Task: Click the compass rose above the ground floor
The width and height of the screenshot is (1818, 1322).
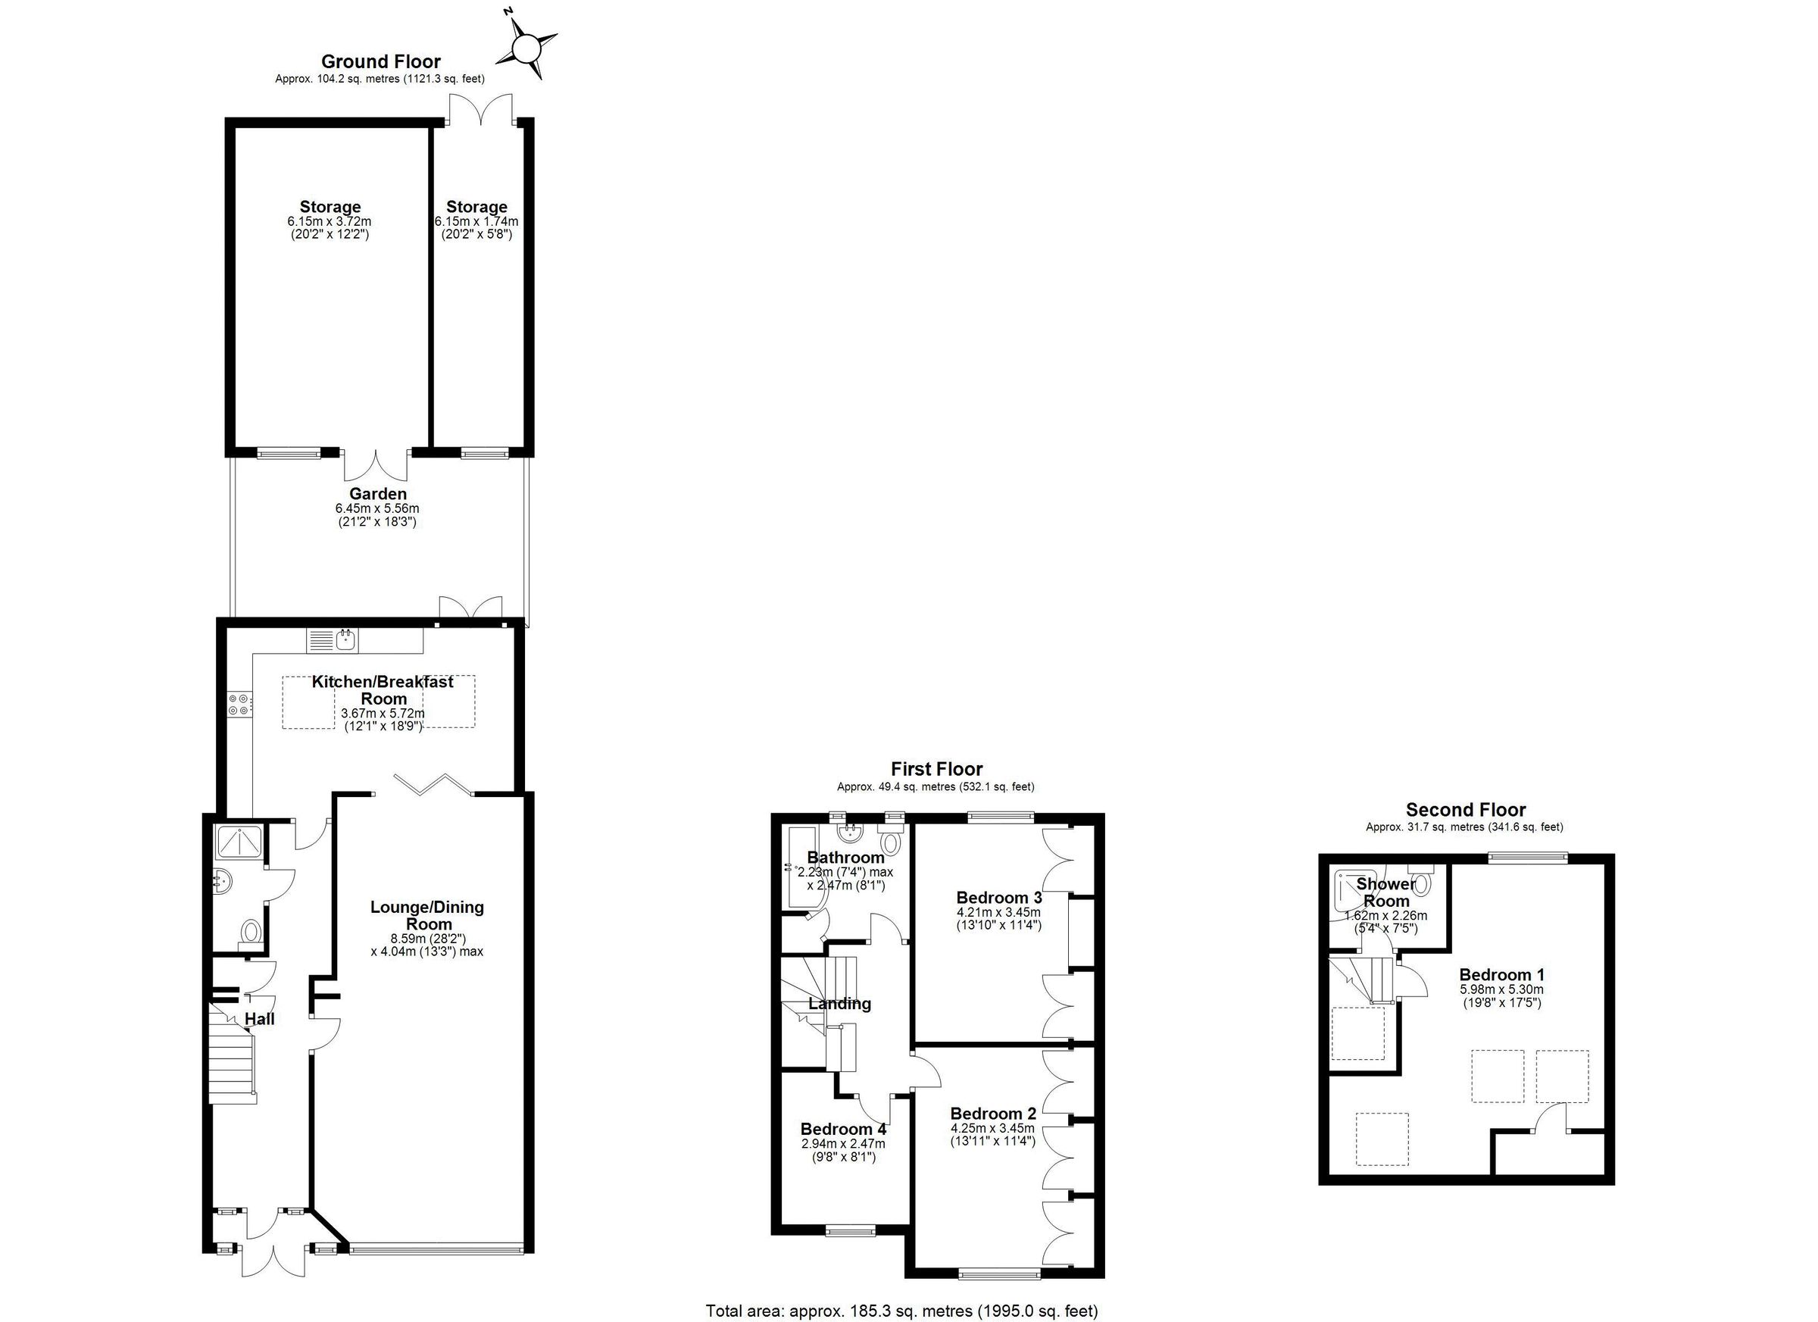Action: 526,51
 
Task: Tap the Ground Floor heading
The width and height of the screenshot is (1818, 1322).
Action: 381,61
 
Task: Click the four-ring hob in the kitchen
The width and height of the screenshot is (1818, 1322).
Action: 239,704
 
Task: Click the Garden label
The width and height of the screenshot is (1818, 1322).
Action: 377,495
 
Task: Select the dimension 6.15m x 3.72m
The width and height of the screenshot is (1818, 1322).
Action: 330,221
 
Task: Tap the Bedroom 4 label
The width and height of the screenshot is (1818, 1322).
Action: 843,1129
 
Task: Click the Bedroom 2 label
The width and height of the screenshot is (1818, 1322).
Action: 993,1114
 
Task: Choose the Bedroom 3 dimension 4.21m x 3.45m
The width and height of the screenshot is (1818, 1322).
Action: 999,911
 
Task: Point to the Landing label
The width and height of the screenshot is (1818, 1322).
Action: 839,1004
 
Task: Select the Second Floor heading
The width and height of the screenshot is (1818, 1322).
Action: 1465,810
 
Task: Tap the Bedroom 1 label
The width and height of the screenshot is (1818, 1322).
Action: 1501,975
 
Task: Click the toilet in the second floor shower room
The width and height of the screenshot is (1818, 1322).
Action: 1420,882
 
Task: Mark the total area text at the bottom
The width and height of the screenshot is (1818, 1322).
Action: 901,1311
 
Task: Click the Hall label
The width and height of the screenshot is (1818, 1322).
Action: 260,1019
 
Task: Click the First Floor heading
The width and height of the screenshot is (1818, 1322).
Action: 936,770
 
